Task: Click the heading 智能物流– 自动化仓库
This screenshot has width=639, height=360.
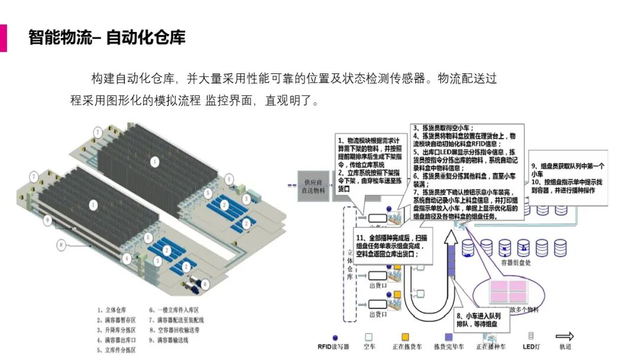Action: tap(107, 38)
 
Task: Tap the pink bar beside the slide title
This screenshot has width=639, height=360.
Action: tap(3, 38)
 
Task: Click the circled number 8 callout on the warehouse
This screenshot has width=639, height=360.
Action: tap(61, 243)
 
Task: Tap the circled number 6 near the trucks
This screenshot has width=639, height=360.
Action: tap(205, 285)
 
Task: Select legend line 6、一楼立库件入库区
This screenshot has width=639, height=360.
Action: tap(173, 310)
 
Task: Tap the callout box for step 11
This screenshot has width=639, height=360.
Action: tap(393, 244)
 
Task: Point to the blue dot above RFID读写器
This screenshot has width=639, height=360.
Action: tap(335, 336)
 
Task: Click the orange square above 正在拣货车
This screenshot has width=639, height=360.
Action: tap(405, 336)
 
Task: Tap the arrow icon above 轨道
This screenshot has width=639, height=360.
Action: tap(564, 336)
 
